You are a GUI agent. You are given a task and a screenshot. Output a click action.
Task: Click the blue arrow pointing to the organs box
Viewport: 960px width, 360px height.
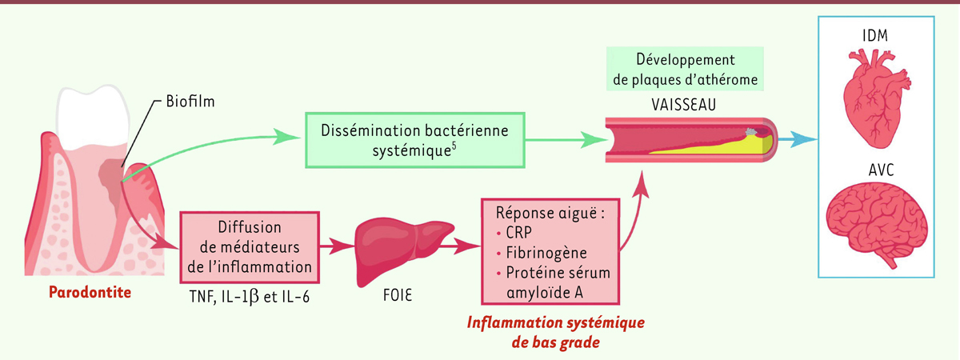(801, 139)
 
